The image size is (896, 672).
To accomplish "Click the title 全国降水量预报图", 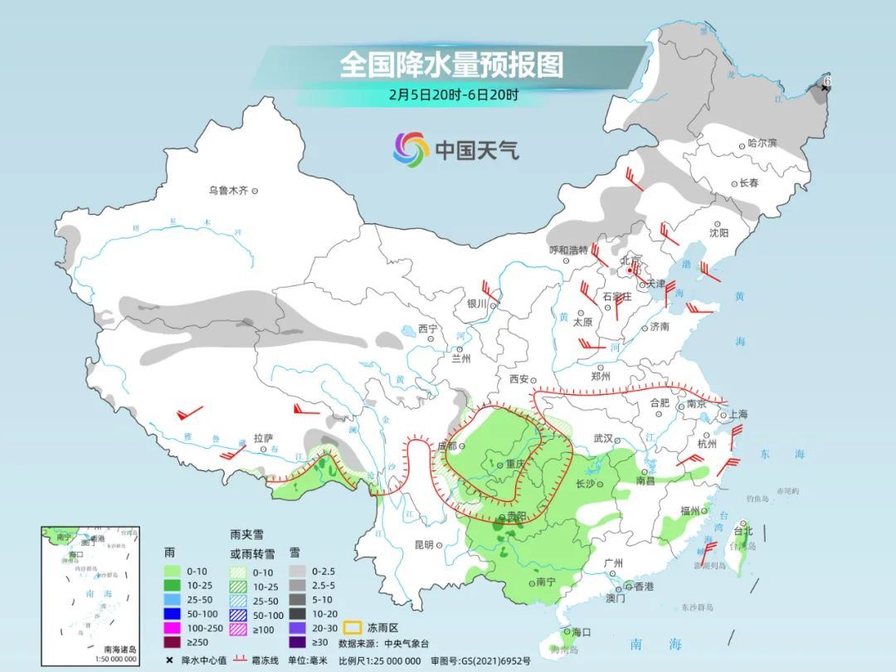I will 451,65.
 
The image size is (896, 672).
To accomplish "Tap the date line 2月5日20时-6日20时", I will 453,95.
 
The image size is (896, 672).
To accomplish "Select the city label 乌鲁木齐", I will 228,191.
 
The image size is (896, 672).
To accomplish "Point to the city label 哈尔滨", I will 762,144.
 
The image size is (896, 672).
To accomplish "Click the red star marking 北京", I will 632,270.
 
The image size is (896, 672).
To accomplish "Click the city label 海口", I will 581,632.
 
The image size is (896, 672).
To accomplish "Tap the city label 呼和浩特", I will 568,250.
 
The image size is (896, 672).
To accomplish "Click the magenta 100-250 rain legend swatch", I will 173,627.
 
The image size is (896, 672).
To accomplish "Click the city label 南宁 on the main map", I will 545,582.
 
